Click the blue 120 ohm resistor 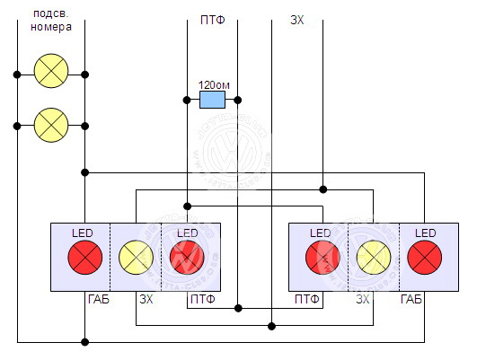click(x=212, y=100)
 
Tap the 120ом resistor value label click(x=214, y=85)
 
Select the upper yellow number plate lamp click(x=51, y=71)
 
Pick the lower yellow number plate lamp click(x=51, y=125)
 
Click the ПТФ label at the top click(x=213, y=20)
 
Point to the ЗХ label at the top click(x=297, y=20)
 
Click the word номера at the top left click(x=51, y=27)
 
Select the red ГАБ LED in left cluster click(x=85, y=258)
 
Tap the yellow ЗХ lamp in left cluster click(x=136, y=258)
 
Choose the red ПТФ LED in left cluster click(x=187, y=258)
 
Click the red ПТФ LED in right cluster click(x=322, y=258)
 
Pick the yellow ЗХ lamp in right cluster click(x=374, y=258)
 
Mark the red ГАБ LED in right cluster click(x=425, y=258)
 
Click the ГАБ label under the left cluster click(x=99, y=300)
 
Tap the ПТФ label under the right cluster click(x=307, y=300)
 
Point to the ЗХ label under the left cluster click(x=146, y=300)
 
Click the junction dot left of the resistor click(x=187, y=100)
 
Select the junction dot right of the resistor click(x=238, y=100)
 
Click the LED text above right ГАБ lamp click(x=426, y=233)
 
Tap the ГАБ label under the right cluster click(x=411, y=300)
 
